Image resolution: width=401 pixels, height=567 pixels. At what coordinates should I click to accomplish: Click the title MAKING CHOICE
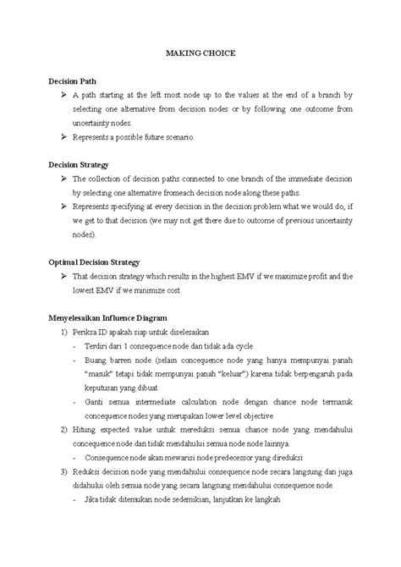click(200, 52)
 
